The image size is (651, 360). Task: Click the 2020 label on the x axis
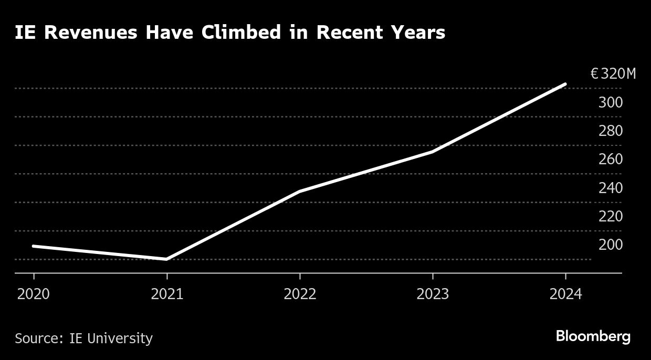click(34, 294)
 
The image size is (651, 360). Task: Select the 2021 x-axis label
click(167, 294)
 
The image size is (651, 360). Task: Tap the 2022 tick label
click(300, 294)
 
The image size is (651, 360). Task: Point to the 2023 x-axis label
click(433, 294)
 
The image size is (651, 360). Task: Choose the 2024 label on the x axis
click(565, 294)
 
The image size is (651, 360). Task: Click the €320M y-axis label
click(613, 74)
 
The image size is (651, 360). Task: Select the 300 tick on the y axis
click(611, 102)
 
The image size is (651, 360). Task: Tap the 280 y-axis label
click(611, 131)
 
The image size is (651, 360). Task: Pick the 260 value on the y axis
click(611, 159)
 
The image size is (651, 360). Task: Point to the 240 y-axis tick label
click(611, 188)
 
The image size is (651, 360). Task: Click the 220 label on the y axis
click(611, 216)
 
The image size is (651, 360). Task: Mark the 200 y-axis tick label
click(611, 245)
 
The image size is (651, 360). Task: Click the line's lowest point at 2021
click(167, 259)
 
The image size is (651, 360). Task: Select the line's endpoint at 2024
click(565, 84)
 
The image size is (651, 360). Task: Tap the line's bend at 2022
click(300, 192)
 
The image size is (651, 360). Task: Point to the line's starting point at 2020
click(34, 246)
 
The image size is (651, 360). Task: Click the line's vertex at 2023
click(433, 152)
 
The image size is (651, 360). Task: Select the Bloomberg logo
click(593, 337)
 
